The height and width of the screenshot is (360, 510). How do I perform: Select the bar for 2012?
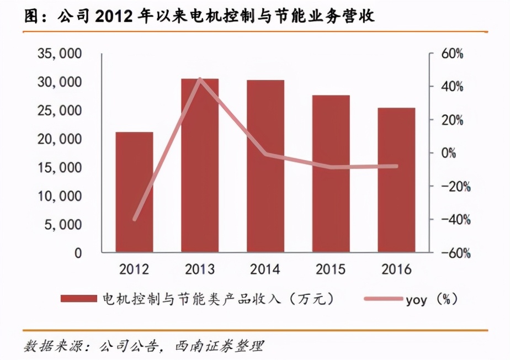coord(134,192)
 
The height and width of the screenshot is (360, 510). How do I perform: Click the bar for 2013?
coord(200,166)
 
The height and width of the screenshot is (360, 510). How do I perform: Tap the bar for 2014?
coord(265,166)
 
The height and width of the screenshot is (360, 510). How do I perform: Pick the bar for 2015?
coord(331,174)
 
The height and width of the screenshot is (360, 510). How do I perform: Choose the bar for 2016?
coord(396,180)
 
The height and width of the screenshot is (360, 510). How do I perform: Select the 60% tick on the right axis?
coord(452,54)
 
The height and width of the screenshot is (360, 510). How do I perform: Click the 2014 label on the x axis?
coord(265,269)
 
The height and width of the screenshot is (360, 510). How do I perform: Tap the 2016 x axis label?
coord(396,269)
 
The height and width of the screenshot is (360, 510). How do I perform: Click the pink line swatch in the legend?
coord(383,299)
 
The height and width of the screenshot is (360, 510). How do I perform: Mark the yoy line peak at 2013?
coord(200,79)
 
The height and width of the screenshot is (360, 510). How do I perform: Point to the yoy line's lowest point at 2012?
coord(134,219)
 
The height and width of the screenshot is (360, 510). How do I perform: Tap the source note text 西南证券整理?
coord(219,347)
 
